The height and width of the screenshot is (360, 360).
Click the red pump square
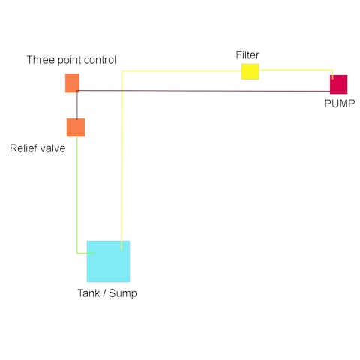click(338, 84)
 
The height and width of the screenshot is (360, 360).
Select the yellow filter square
click(250, 71)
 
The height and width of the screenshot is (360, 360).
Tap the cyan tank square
click(108, 261)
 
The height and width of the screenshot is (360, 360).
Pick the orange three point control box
click(72, 82)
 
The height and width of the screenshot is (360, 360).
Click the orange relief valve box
click(76, 127)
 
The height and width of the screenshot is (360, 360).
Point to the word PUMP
click(340, 103)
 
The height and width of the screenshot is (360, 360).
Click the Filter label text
click(247, 55)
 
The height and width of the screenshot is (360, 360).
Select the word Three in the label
click(40, 60)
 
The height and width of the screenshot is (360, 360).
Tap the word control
click(100, 60)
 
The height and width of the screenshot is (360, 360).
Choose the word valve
click(52, 148)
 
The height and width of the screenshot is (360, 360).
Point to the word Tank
click(88, 293)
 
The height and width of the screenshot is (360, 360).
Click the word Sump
click(123, 293)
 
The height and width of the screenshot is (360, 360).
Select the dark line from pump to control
click(203, 91)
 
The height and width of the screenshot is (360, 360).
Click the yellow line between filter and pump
click(296, 70)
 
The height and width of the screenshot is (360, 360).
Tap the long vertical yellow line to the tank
click(121, 160)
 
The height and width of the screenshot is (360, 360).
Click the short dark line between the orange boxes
click(77, 105)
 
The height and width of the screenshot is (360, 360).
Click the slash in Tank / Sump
click(104, 293)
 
